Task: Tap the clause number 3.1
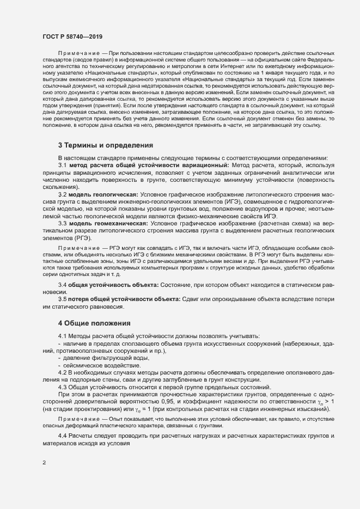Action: click(63, 165)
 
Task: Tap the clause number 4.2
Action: click(63, 372)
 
